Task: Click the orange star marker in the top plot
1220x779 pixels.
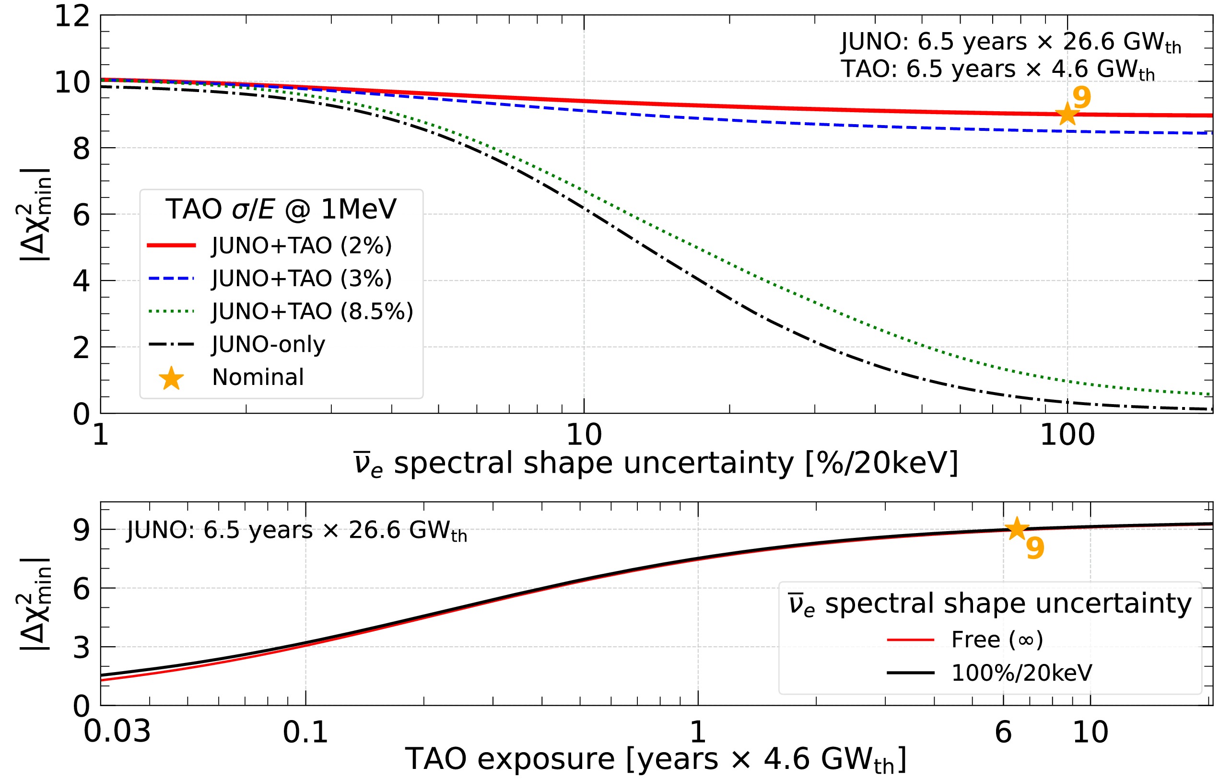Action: click(1067, 114)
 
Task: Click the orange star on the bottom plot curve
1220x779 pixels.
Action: click(1016, 529)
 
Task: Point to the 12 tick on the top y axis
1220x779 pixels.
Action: click(72, 16)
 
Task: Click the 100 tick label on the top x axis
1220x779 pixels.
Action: click(1067, 435)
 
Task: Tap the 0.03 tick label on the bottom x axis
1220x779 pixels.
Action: click(117, 732)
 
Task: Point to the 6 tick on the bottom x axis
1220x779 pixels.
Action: click(1003, 732)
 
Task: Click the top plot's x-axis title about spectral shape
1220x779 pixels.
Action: click(656, 463)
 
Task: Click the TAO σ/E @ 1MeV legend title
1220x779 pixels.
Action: click(281, 209)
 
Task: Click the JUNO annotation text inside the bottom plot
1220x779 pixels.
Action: click(296, 531)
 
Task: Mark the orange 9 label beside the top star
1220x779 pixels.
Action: click(1081, 97)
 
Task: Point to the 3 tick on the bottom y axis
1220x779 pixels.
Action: click(81, 647)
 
